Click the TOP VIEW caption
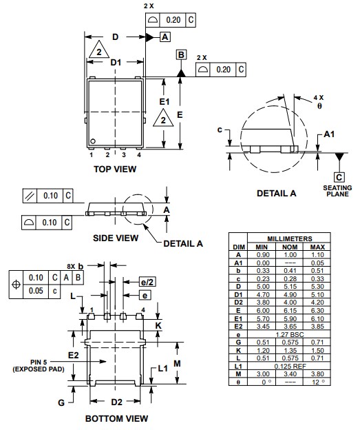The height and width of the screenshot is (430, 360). [x=114, y=168]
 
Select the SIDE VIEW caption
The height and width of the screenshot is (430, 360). [x=115, y=238]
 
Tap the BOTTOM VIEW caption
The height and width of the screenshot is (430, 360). [x=116, y=418]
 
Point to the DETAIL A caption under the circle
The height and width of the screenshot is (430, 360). [x=276, y=193]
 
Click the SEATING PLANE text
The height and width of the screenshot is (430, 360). [x=338, y=191]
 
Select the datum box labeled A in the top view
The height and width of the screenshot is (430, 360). [x=165, y=37]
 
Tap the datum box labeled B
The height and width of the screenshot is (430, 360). [x=181, y=54]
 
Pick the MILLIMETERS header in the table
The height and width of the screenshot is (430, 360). [x=288, y=238]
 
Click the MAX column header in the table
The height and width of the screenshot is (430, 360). [x=317, y=246]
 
